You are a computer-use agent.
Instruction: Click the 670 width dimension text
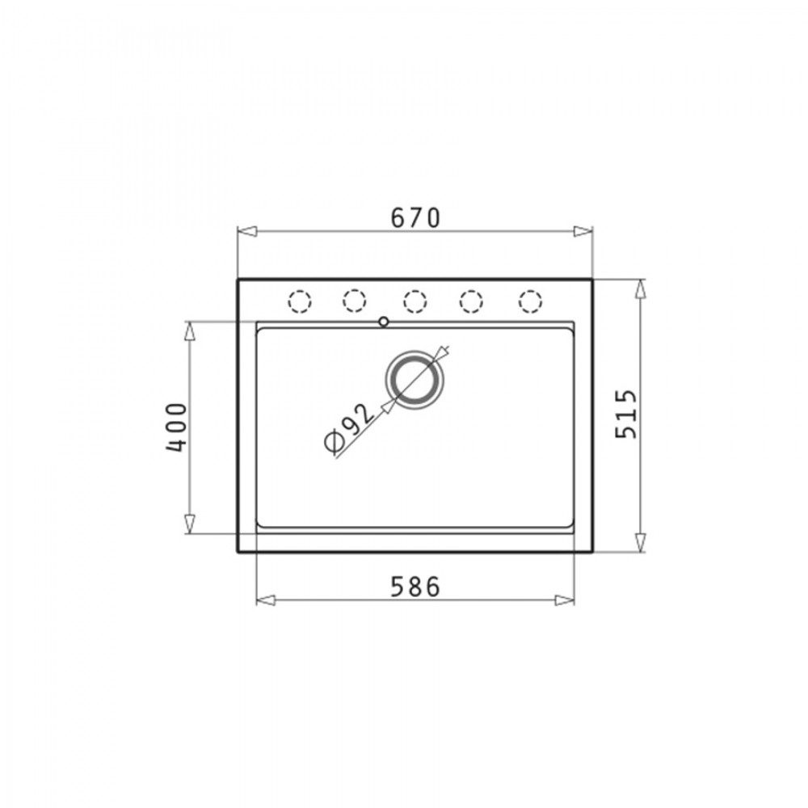tap(415, 217)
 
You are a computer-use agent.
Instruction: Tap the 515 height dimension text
tap(626, 415)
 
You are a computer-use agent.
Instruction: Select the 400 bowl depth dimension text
tap(176, 427)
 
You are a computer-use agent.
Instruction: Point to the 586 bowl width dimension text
tap(415, 587)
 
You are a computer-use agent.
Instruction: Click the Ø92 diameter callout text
tap(349, 427)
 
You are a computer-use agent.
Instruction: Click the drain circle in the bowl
tap(414, 380)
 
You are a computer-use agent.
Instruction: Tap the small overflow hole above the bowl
tap(383, 322)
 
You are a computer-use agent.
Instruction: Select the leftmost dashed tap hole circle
tap(300, 301)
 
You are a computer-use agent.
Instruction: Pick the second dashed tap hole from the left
tap(355, 301)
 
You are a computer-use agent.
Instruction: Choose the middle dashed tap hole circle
tap(415, 301)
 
